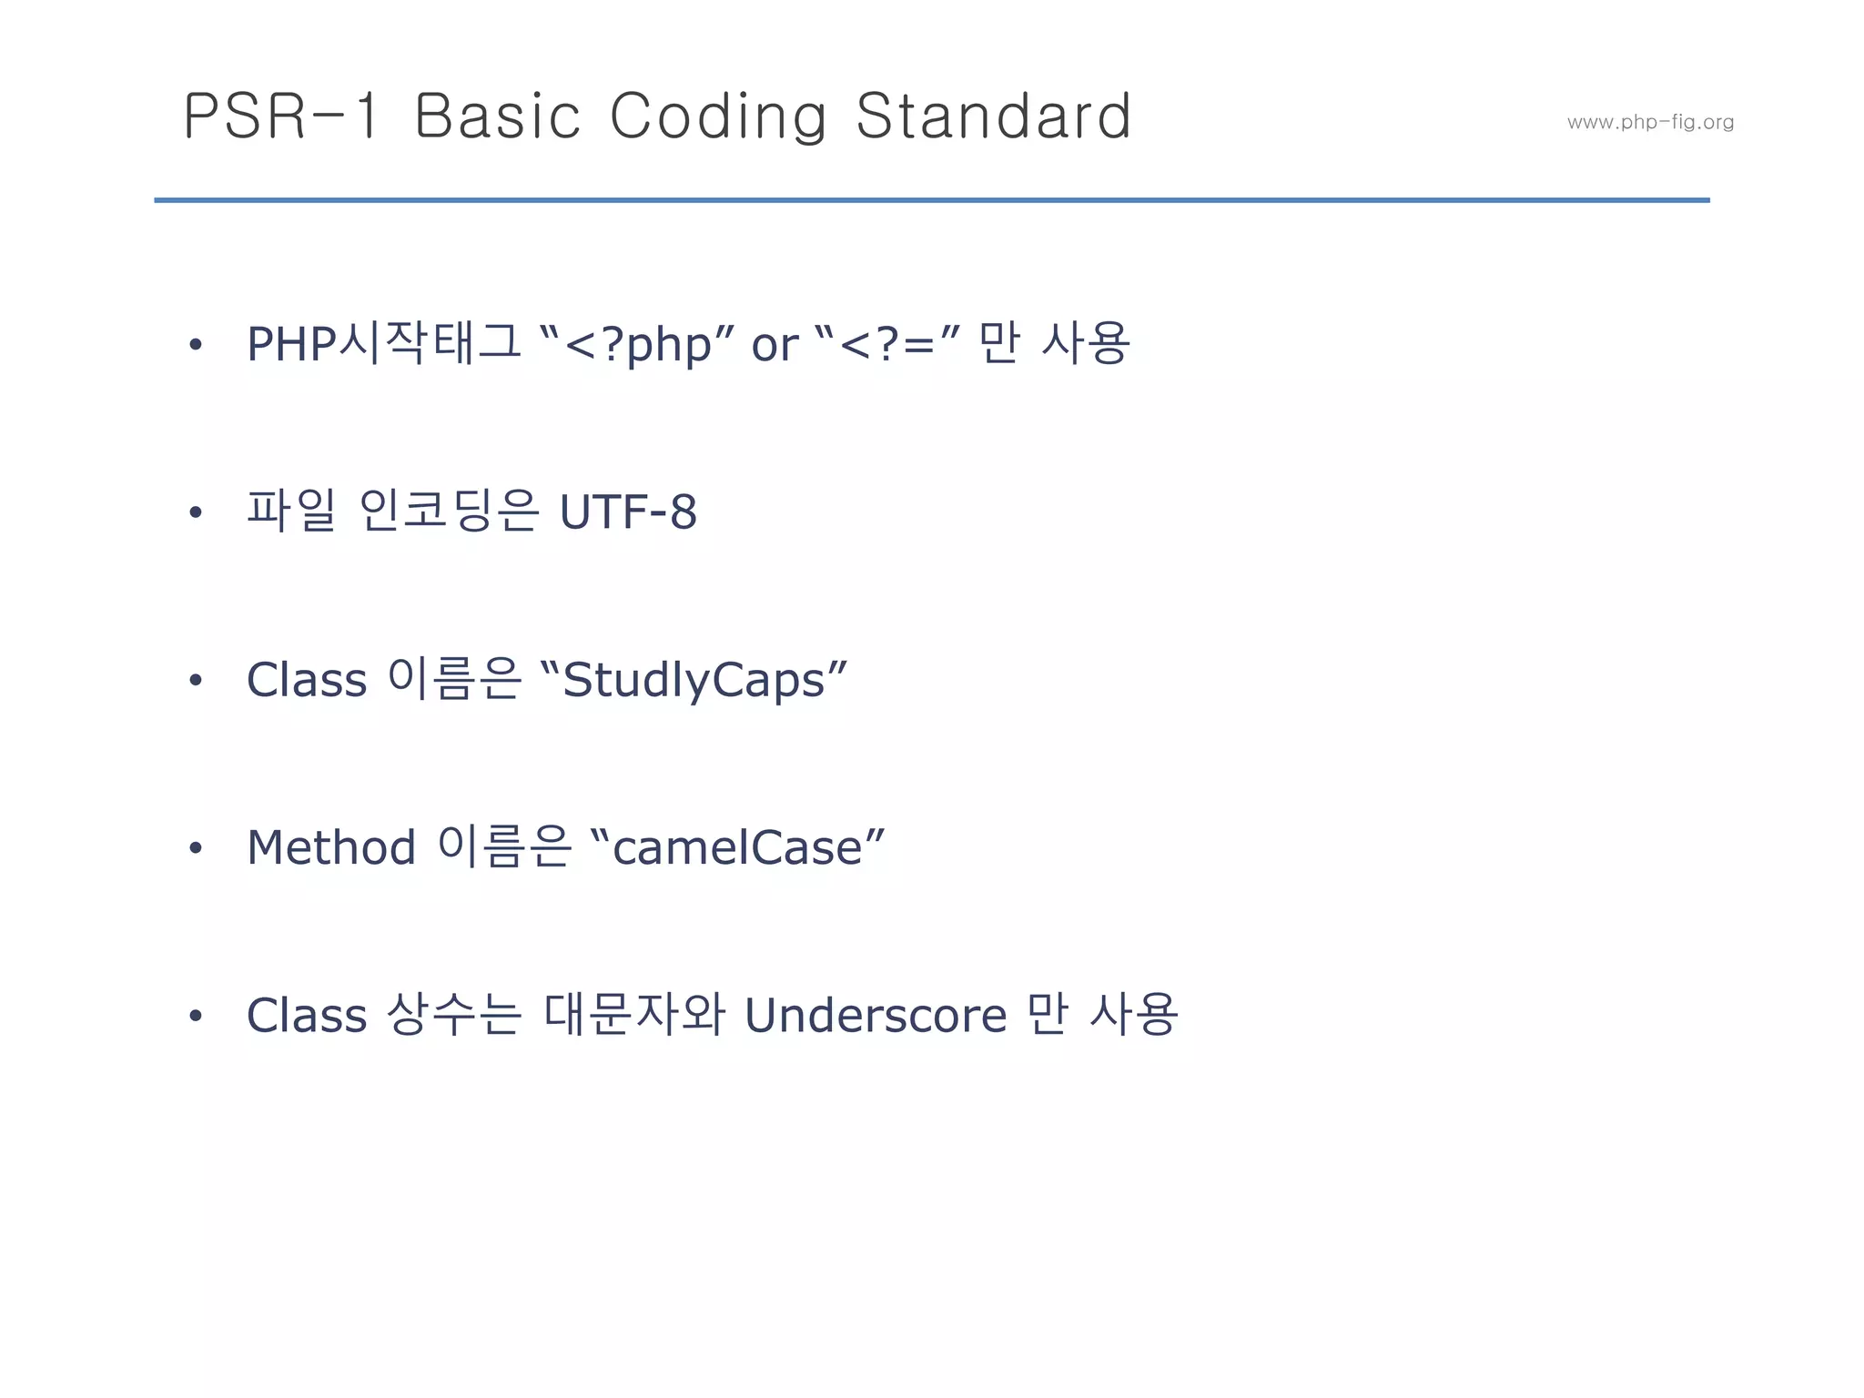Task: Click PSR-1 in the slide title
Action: tap(280, 116)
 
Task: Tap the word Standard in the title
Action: tap(994, 116)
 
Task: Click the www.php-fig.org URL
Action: tap(1650, 122)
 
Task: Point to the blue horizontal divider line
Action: tap(932, 199)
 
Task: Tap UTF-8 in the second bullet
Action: tap(628, 512)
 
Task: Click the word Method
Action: tap(331, 847)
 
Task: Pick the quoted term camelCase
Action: tap(737, 848)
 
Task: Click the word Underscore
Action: tap(876, 1016)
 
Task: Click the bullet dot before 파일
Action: tap(195, 512)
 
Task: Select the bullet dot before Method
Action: tap(195, 848)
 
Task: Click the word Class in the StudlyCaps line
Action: tap(307, 680)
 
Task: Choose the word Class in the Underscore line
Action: tap(307, 1016)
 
